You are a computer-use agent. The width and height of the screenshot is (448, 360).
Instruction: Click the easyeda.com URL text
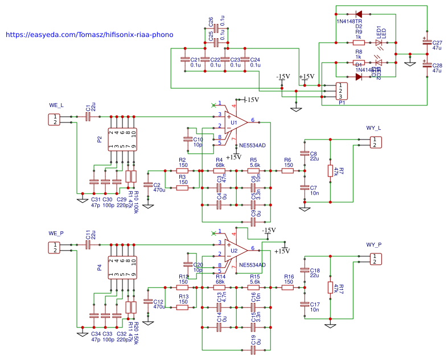(89, 35)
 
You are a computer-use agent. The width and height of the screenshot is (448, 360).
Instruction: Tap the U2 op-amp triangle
(235, 251)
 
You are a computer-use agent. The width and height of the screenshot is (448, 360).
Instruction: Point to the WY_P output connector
(374, 259)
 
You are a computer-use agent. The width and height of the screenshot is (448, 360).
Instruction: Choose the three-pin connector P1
(340, 91)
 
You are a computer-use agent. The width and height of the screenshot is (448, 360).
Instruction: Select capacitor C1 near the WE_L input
(88, 117)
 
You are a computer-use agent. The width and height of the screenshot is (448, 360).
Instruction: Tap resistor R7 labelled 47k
(330, 171)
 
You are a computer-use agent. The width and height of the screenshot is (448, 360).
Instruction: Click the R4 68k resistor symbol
(219, 170)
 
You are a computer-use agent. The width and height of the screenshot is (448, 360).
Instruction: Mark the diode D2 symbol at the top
(359, 14)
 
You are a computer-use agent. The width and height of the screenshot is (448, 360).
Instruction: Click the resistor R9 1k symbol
(359, 42)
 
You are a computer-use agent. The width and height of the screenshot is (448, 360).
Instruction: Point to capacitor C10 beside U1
(187, 139)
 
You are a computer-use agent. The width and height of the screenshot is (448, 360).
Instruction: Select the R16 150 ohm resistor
(288, 287)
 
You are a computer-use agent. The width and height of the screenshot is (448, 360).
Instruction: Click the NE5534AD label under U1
(252, 146)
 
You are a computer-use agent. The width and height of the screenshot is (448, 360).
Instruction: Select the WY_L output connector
(374, 142)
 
